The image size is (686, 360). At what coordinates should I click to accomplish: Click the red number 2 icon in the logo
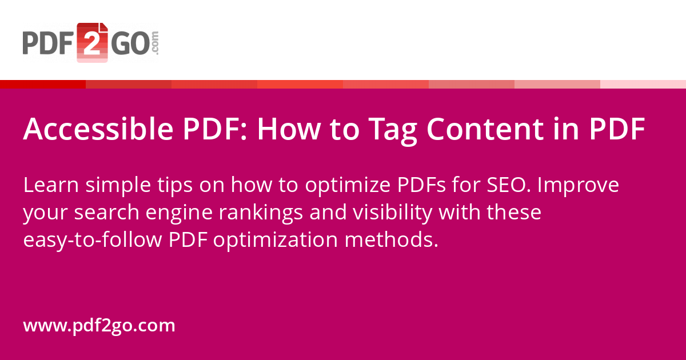(92, 42)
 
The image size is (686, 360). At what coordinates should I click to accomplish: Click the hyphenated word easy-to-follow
(92, 240)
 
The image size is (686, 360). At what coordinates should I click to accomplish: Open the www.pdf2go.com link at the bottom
(99, 326)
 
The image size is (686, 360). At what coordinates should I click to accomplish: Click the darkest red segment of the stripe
(43, 84)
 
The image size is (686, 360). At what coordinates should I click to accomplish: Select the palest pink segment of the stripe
(643, 84)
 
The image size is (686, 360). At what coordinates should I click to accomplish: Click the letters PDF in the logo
(48, 43)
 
